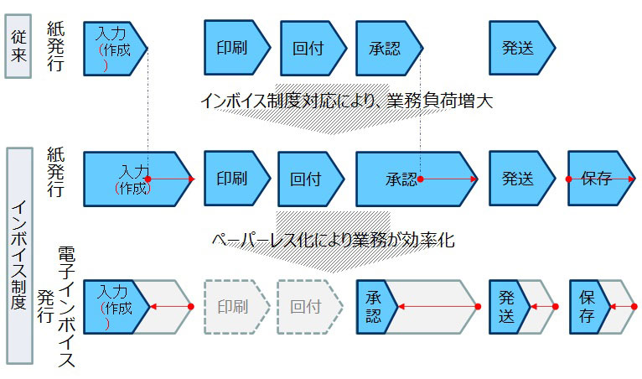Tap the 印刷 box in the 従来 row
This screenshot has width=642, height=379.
click(236, 48)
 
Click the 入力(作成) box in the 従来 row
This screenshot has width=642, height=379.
click(114, 48)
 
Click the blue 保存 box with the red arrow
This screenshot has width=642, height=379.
click(598, 179)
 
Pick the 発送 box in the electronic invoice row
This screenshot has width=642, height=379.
click(508, 307)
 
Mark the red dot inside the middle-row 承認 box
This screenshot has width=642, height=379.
click(422, 179)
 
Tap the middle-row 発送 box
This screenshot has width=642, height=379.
click(520, 179)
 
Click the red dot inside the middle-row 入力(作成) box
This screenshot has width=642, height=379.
click(148, 179)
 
